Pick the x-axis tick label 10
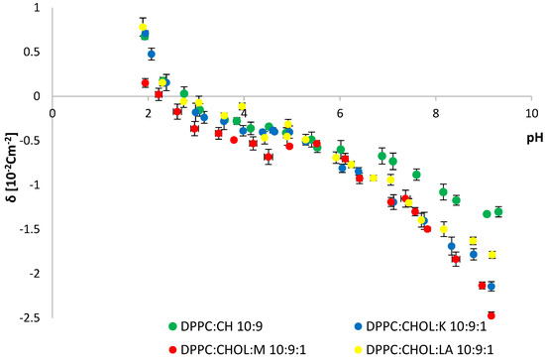point(532,112)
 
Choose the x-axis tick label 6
point(339,112)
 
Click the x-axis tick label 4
point(244,112)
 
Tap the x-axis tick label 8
point(436,112)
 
